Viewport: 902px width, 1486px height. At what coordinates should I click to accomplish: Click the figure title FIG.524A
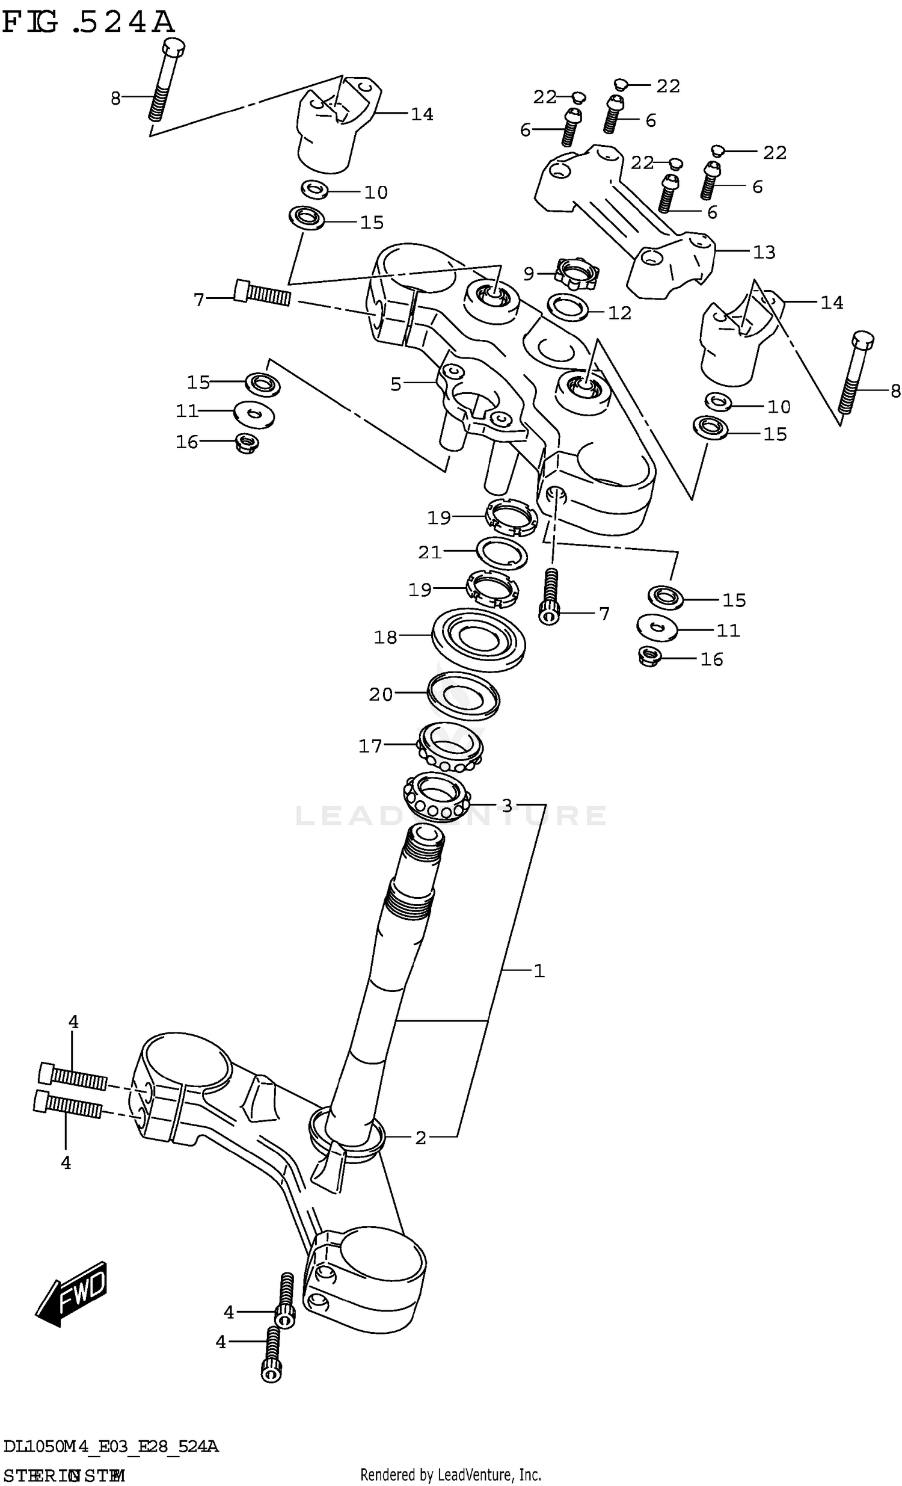point(88,23)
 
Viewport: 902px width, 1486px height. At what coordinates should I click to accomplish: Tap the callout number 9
point(528,274)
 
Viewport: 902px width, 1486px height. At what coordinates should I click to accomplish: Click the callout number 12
point(619,313)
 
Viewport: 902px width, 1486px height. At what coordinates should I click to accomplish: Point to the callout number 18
point(385,637)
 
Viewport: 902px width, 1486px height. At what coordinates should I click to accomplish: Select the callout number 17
point(370,746)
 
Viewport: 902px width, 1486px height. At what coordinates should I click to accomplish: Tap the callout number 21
point(430,552)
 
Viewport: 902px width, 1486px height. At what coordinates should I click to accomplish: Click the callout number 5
point(396,384)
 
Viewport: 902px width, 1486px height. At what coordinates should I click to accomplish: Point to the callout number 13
point(764,252)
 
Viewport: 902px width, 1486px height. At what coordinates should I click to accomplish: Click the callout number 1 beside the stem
point(538,971)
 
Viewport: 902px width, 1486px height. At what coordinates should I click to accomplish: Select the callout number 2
point(420,1138)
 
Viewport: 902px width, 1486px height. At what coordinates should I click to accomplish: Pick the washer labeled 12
point(568,307)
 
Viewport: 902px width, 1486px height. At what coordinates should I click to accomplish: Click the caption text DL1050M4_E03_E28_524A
point(111,1446)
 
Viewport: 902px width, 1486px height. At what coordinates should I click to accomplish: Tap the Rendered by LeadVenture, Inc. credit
point(450,1475)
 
